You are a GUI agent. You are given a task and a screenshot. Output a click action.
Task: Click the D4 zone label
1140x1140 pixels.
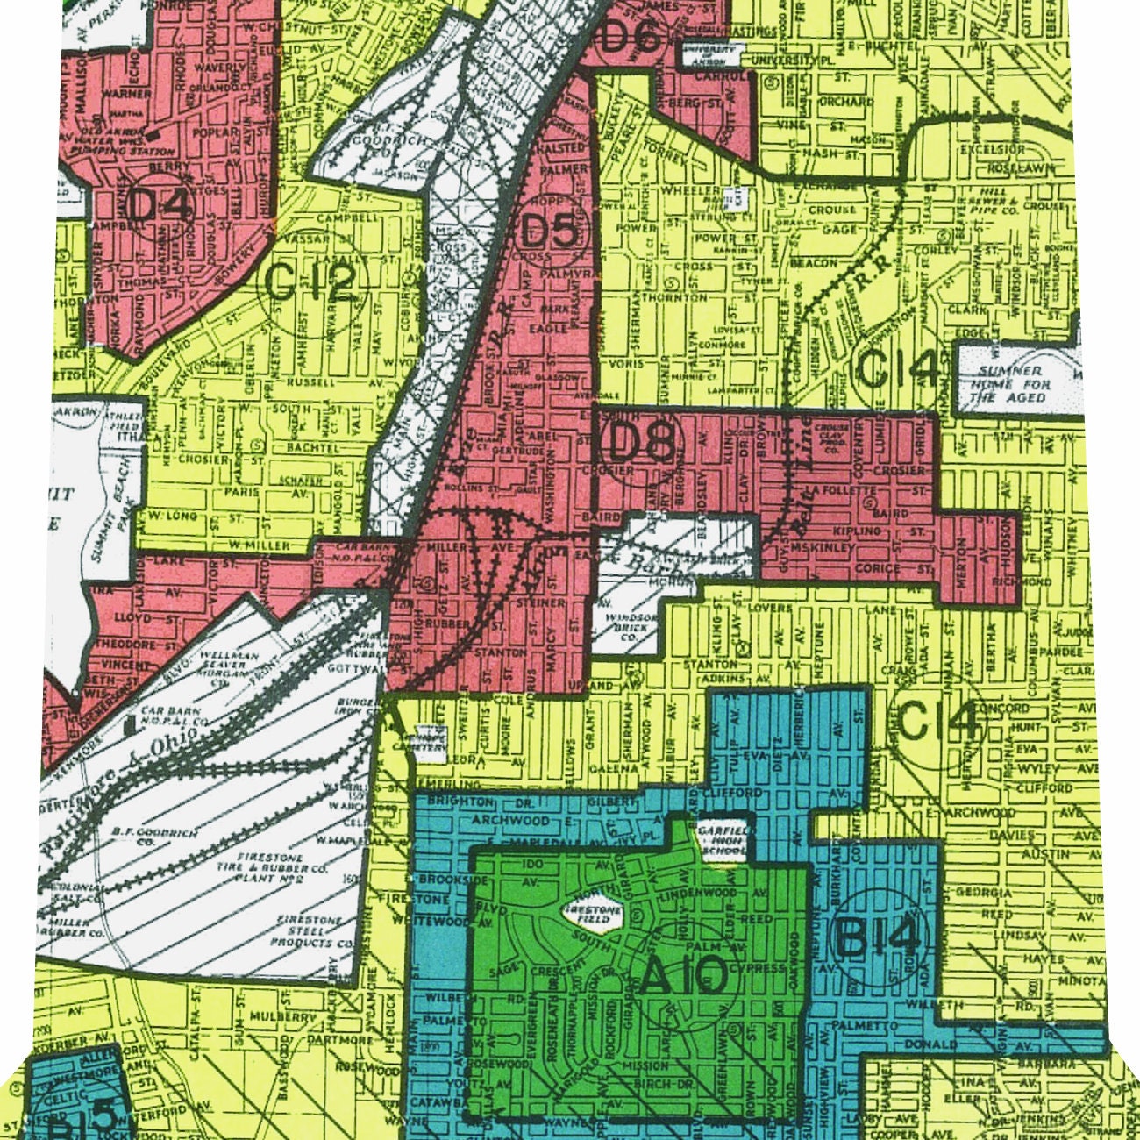point(159,204)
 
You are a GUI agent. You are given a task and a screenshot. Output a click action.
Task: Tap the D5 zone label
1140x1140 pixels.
point(550,232)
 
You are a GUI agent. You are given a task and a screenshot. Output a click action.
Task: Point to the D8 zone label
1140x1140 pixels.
point(641,444)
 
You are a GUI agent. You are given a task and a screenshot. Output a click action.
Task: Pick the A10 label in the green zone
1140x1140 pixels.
point(683,976)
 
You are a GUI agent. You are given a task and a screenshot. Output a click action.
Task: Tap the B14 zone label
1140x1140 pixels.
point(879,938)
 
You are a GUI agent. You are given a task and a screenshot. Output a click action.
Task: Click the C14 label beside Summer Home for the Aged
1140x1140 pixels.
point(897,368)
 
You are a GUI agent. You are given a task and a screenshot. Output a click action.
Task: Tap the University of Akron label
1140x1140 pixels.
point(710,55)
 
